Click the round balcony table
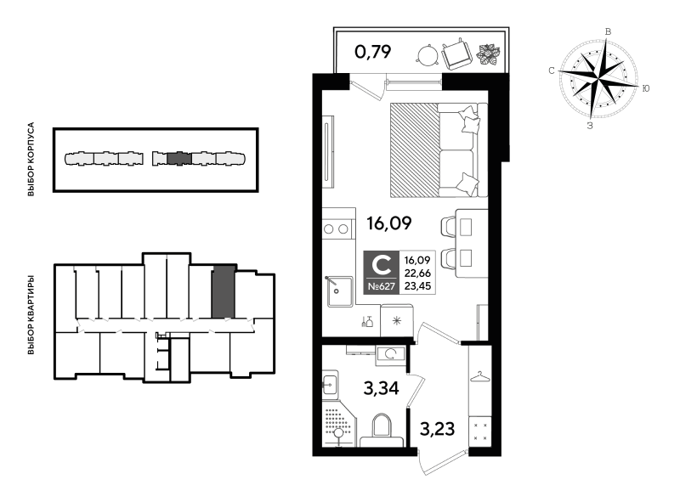[x=427, y=56]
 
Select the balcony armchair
[x=456, y=54]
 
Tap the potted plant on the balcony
[x=489, y=55]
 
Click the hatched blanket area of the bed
[x=414, y=150]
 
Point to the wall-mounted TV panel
[x=328, y=152]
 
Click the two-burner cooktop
[x=337, y=228]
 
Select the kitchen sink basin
[x=340, y=291]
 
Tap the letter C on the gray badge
[x=381, y=264]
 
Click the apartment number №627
[x=381, y=286]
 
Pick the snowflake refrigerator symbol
[x=396, y=320]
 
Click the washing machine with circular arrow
[x=391, y=354]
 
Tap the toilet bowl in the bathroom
[x=381, y=429]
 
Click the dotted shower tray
[x=338, y=426]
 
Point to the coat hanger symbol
[x=480, y=375]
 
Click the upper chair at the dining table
[x=449, y=227]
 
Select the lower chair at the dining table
[x=449, y=257]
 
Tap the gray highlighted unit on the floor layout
[x=223, y=291]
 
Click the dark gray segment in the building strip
[x=178, y=158]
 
